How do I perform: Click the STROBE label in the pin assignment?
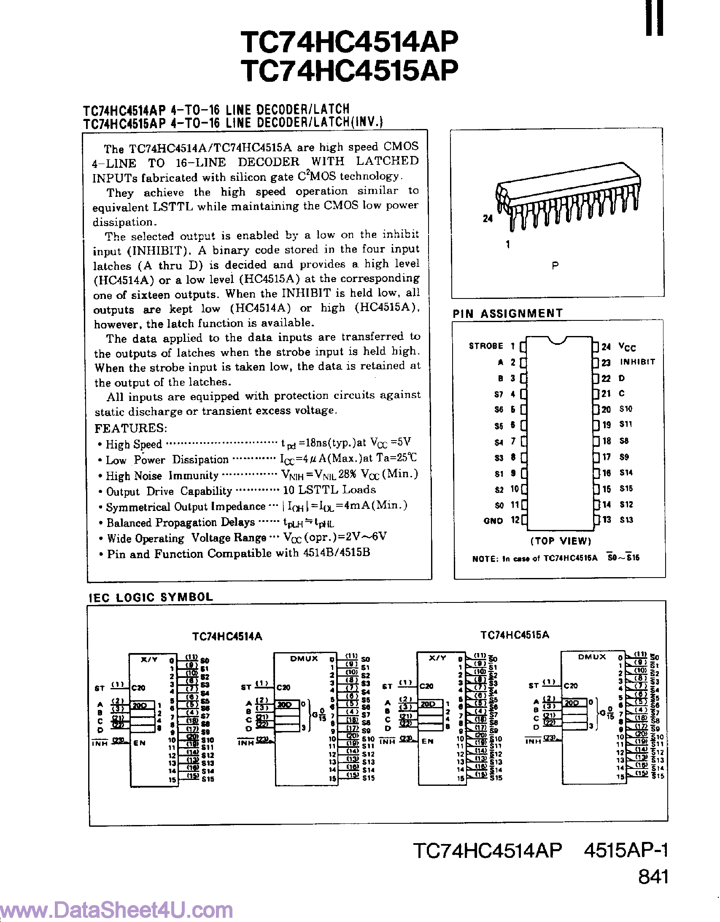pos(486,346)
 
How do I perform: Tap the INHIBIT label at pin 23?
pos(637,362)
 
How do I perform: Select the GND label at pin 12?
pos(493,521)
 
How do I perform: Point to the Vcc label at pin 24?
pos(627,347)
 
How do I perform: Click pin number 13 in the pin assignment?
pos(607,520)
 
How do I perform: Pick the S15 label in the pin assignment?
pos(626,489)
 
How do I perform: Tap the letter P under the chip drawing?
pos(556,266)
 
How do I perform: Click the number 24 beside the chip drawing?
pos(488,219)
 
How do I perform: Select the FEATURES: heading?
pos(131,428)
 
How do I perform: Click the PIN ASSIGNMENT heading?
pos(507,313)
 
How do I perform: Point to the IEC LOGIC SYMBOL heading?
pos(151,597)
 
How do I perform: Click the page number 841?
pos(653,877)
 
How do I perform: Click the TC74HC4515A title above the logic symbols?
pos(514,635)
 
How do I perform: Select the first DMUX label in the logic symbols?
pos(304,659)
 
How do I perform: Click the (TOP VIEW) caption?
pos(561,541)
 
